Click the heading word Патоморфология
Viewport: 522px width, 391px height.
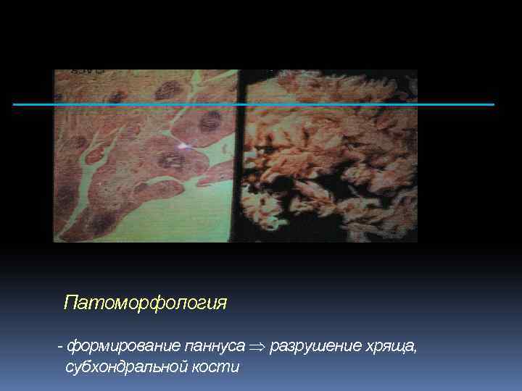145,303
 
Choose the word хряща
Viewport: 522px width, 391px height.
391,347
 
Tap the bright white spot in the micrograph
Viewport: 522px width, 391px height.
183,147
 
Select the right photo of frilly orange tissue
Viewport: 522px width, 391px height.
333,145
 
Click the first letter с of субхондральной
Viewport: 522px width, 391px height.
69,367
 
